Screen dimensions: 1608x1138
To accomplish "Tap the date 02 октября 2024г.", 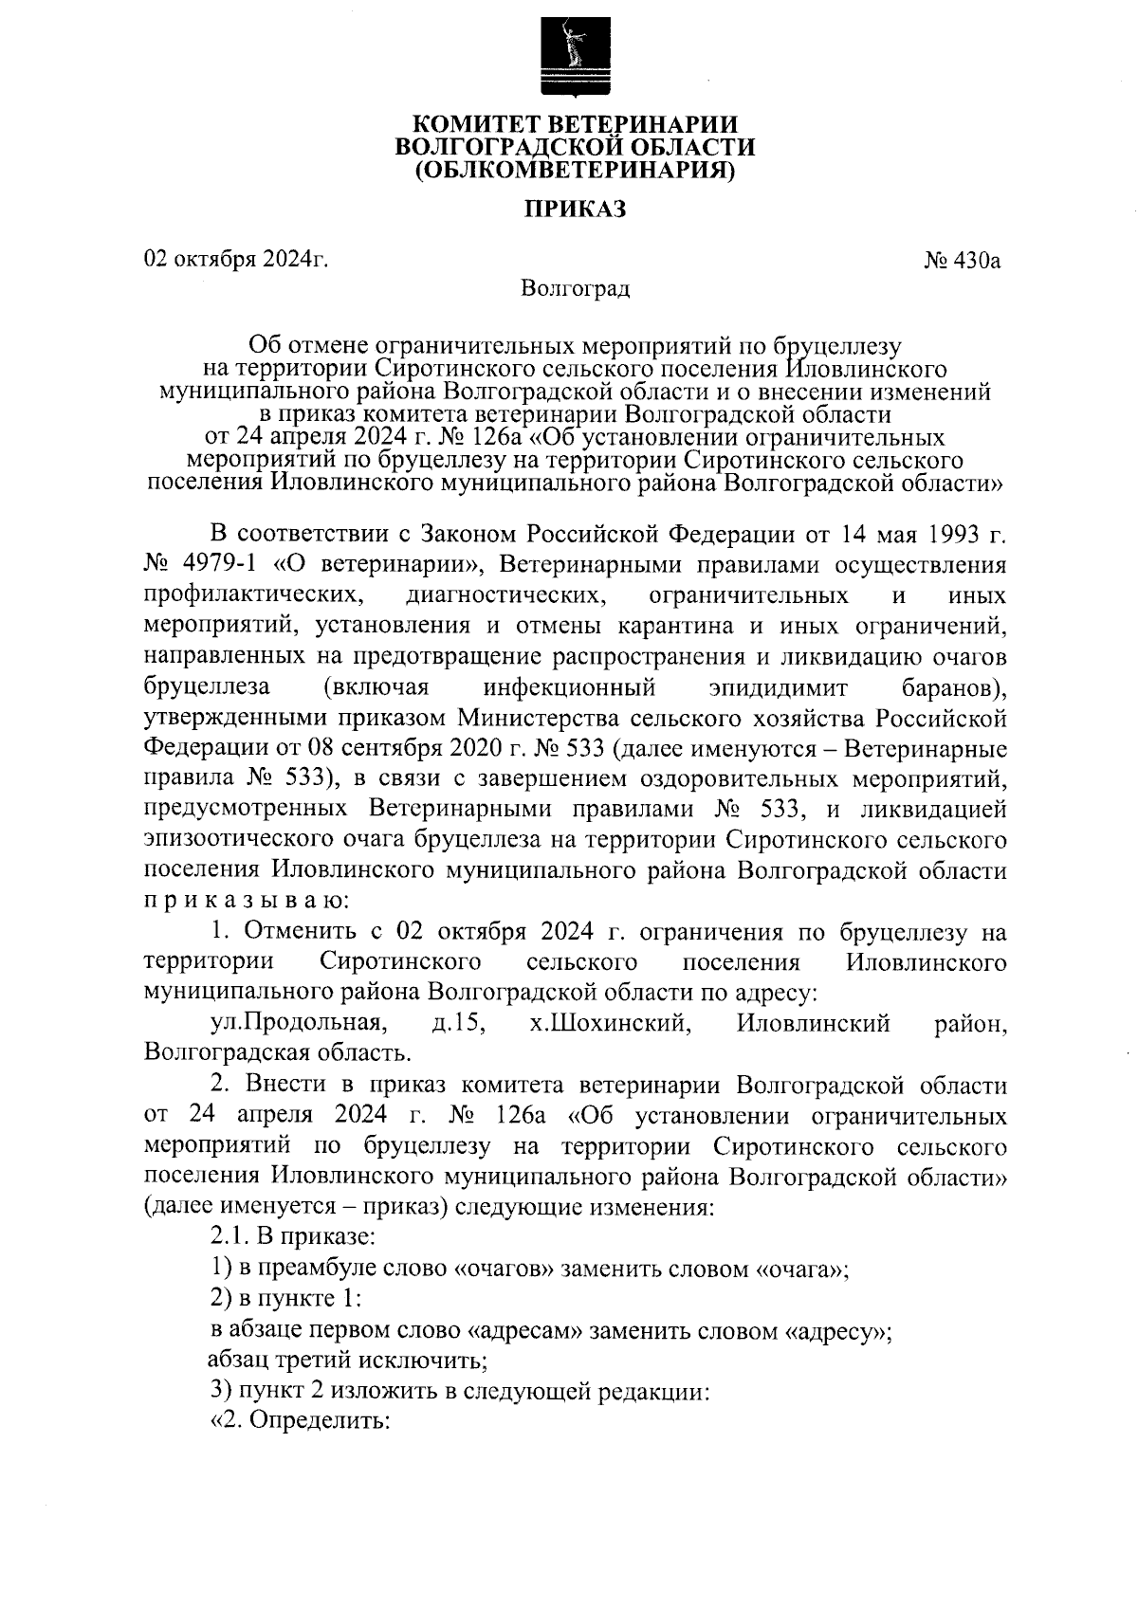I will coord(236,259).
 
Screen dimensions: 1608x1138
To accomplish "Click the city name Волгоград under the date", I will coord(576,287).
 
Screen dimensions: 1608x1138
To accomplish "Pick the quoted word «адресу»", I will coord(838,1331).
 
